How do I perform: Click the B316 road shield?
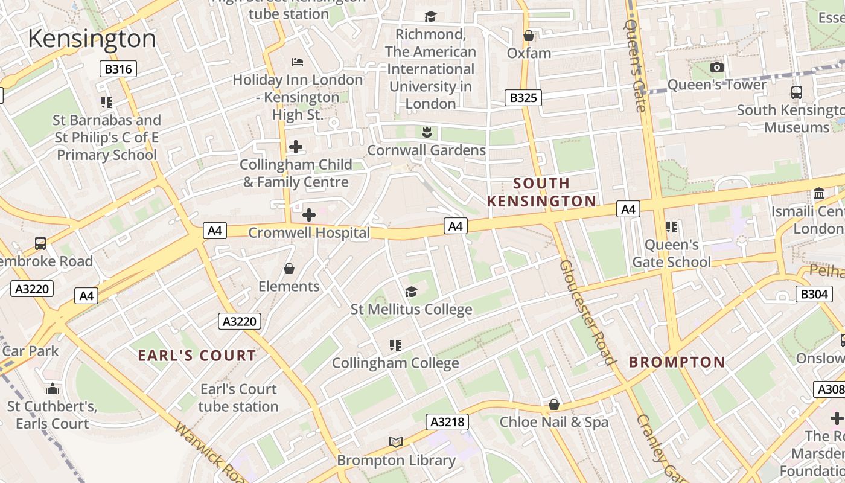click(118, 69)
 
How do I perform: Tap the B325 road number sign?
click(523, 97)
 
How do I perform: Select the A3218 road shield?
click(447, 421)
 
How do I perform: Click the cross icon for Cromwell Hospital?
click(308, 215)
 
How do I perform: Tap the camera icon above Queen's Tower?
click(716, 67)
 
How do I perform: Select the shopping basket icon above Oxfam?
click(529, 36)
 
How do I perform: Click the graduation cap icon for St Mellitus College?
click(411, 292)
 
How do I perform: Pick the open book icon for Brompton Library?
click(395, 443)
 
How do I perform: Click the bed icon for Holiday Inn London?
click(298, 62)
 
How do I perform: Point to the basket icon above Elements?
click(289, 268)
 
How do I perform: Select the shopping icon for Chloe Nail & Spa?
click(553, 404)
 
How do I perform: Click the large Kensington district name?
click(92, 39)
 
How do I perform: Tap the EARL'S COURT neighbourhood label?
click(197, 356)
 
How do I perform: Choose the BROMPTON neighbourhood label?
click(677, 362)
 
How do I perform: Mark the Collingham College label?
click(395, 363)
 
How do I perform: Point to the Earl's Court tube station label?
click(238, 397)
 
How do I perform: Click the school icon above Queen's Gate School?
click(671, 227)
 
